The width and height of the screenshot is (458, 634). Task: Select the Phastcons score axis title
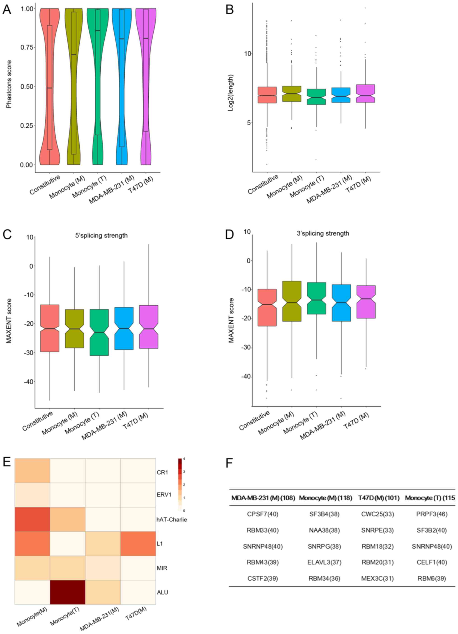[x=9, y=84]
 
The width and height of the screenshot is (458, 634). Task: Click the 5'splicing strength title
[x=101, y=235]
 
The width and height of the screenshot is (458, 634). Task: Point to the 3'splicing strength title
[x=323, y=233]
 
